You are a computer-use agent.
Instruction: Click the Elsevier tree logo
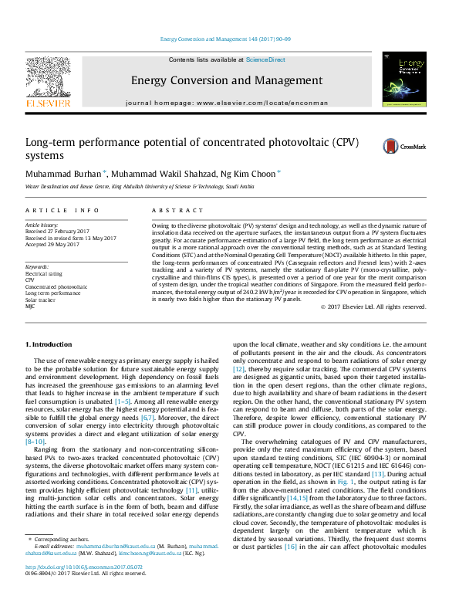(x=49, y=80)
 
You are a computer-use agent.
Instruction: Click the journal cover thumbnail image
(x=404, y=80)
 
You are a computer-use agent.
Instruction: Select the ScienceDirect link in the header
(x=265, y=59)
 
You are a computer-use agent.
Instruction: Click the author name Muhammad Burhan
(x=64, y=173)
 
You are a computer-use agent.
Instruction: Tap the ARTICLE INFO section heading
(x=62, y=210)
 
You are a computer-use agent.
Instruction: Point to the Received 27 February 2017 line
(x=58, y=231)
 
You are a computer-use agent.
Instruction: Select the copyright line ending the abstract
(x=373, y=306)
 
